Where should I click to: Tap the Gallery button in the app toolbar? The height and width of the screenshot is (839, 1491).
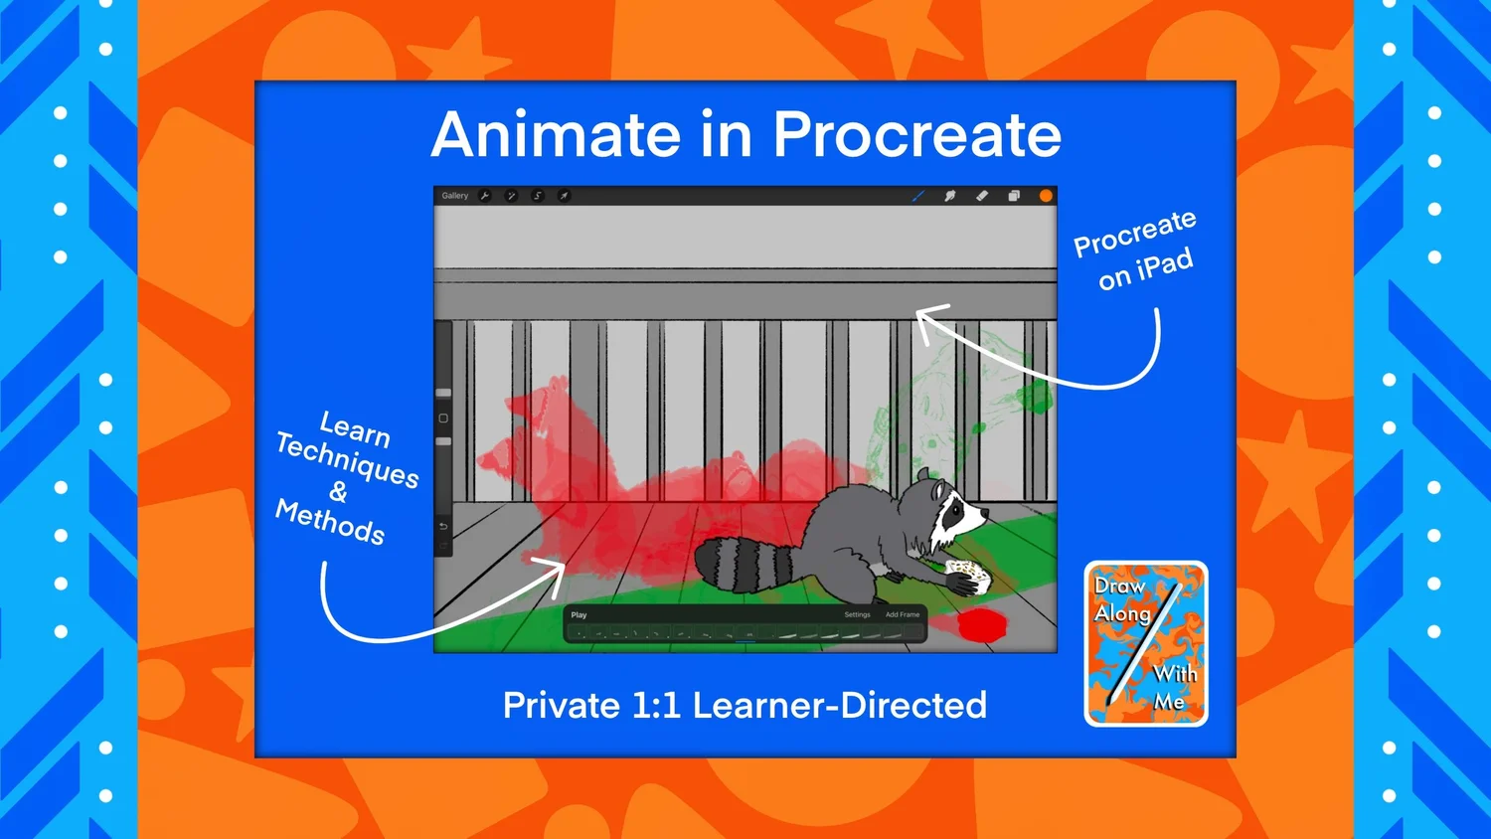(455, 196)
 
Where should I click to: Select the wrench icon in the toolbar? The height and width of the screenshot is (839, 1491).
(485, 196)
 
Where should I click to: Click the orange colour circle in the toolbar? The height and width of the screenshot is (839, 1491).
(1046, 196)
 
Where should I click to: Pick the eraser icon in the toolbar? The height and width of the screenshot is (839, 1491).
(982, 196)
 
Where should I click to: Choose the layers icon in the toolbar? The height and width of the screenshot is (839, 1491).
(1014, 196)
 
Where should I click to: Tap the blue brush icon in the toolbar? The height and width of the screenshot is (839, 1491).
(917, 196)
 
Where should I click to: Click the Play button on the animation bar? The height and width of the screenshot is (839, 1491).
(579, 615)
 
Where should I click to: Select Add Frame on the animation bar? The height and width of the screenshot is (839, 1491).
(903, 615)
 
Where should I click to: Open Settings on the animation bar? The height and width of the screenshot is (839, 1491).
(857, 615)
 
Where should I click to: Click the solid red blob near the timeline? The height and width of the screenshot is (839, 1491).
(982, 625)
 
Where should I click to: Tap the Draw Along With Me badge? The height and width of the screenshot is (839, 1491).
(1146, 644)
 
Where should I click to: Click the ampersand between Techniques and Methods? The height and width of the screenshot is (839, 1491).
(339, 492)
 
